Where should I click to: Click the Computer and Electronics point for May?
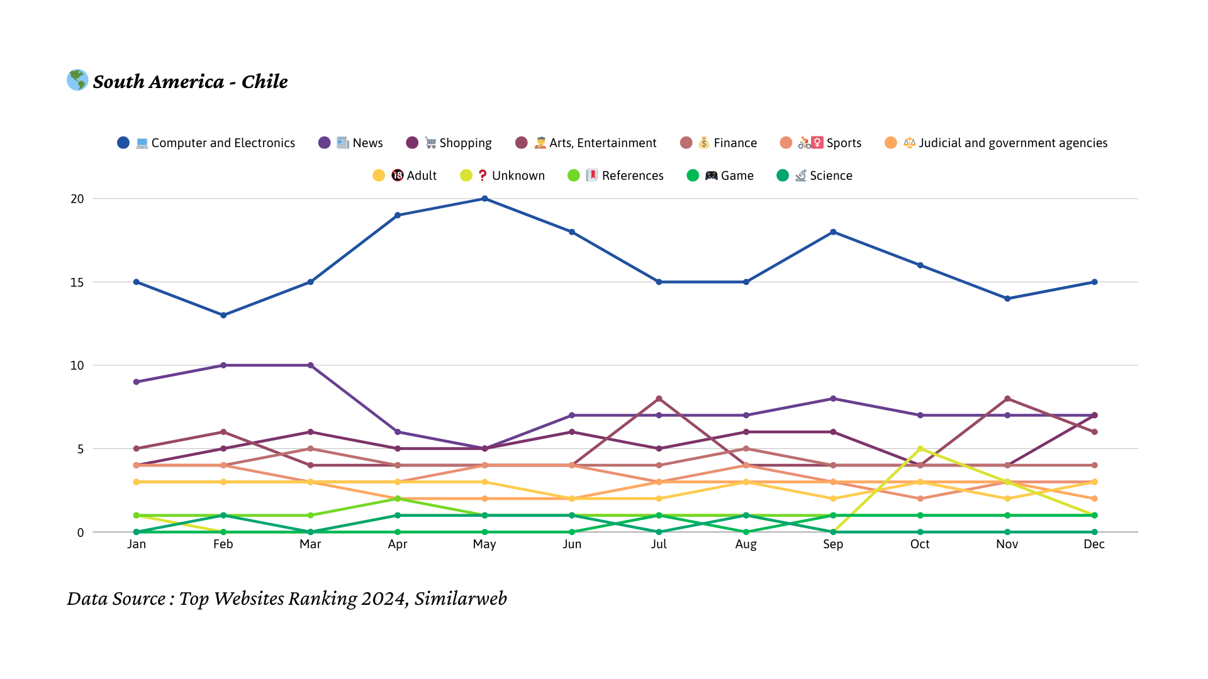click(x=484, y=199)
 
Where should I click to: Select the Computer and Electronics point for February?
click(x=223, y=315)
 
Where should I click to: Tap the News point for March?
click(x=310, y=365)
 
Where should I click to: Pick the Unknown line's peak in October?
click(x=920, y=449)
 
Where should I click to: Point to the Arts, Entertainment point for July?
click(x=659, y=399)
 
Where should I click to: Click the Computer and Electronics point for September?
click(x=833, y=232)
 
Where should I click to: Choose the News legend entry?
click(x=351, y=143)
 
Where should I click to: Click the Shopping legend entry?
click(x=449, y=143)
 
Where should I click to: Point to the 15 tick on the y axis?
click(x=77, y=282)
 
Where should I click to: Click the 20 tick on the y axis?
click(x=77, y=199)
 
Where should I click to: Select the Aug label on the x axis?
click(x=746, y=544)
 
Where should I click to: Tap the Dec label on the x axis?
click(x=1094, y=544)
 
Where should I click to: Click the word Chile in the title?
click(x=264, y=82)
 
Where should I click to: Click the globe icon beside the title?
click(x=77, y=80)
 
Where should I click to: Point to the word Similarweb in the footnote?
click(x=461, y=599)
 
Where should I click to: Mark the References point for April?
click(x=398, y=499)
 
